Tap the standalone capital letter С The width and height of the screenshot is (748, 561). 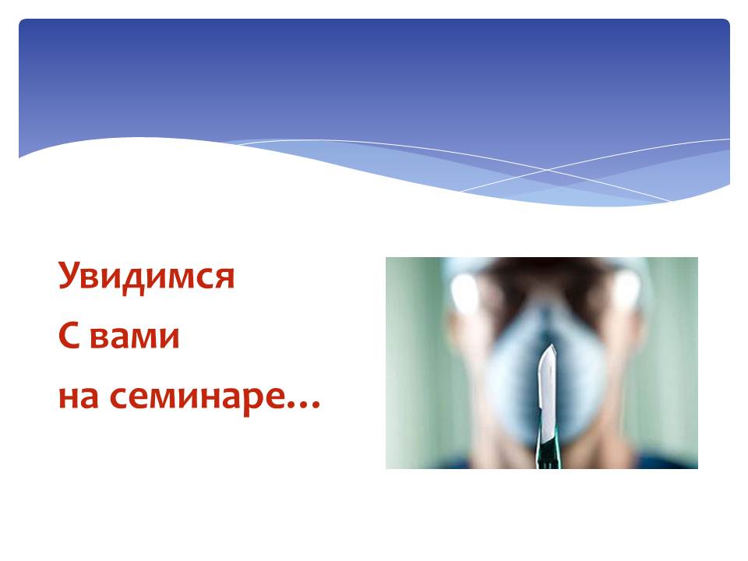[69, 336]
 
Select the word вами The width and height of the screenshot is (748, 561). [135, 339]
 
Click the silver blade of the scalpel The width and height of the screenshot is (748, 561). [548, 386]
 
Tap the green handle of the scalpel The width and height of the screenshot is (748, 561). [549, 449]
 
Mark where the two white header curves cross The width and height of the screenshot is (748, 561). [547, 169]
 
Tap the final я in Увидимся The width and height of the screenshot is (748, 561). [225, 279]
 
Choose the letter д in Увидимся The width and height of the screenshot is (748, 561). [128, 281]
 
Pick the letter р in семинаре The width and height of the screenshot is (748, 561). [248, 403]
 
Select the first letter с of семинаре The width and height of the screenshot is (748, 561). [118, 398]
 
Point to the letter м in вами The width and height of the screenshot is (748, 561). [141, 339]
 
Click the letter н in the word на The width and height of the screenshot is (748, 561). [69, 398]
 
